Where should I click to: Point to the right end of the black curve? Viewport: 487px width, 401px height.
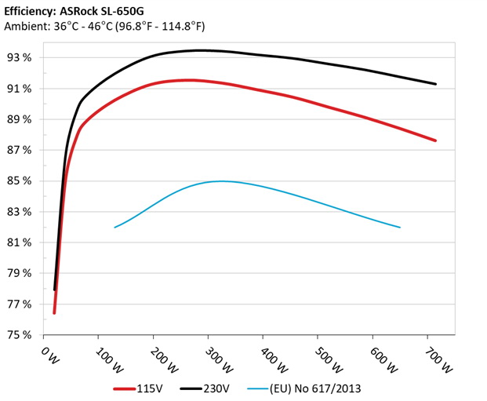435,84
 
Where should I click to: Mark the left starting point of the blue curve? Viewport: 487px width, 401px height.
115,228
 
